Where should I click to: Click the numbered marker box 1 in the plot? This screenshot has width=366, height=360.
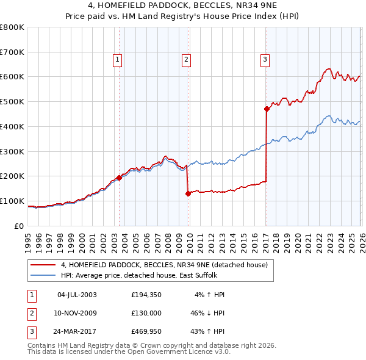[117, 59]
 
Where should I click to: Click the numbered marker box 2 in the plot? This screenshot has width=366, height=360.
[185, 59]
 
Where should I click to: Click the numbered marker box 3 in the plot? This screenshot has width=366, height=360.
[265, 59]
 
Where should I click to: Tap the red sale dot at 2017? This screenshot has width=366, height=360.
[267, 109]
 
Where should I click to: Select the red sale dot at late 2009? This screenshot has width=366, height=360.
[188, 193]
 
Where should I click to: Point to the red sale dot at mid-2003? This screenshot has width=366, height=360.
[120, 178]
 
